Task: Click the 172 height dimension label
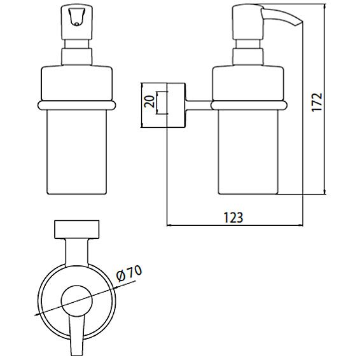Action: pos(317,102)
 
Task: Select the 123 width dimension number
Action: pos(233,218)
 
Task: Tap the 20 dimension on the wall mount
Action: pos(149,102)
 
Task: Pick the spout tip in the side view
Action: pos(298,23)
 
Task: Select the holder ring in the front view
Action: pos(77,106)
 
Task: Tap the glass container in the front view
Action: pos(77,152)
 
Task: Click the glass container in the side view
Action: pos(248,152)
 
